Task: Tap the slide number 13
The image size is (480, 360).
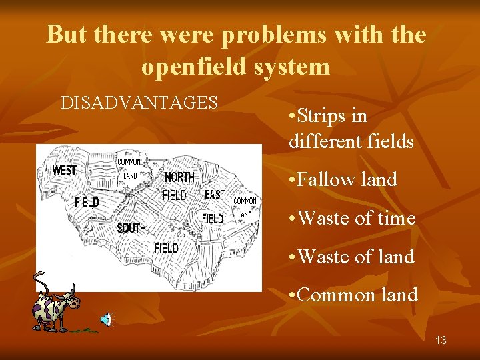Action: [x=441, y=340]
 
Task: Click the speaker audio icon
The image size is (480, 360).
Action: [x=106, y=320]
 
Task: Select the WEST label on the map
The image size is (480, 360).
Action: [x=64, y=170]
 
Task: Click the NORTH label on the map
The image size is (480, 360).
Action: [x=179, y=177]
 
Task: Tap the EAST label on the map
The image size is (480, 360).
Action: [x=214, y=195]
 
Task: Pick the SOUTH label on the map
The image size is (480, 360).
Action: [x=131, y=229]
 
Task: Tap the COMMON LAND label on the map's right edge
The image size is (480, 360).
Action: [x=244, y=207]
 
